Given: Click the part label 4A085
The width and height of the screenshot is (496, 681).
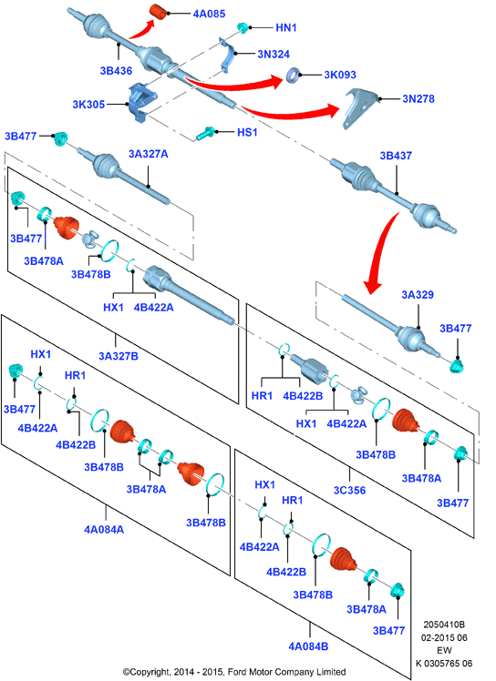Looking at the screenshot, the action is [x=210, y=14].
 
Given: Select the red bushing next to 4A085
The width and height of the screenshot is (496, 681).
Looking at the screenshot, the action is [x=160, y=12].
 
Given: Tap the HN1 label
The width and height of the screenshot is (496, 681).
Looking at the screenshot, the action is [x=286, y=28].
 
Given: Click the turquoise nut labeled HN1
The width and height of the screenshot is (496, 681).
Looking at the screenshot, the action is [x=243, y=27].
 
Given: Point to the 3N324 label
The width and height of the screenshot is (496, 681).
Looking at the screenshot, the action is [x=274, y=55].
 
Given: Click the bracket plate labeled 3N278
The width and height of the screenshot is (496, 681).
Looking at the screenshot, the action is [x=361, y=107].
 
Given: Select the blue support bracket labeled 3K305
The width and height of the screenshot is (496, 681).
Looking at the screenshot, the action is [x=141, y=103].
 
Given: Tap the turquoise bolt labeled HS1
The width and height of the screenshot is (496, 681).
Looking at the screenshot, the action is [x=205, y=133].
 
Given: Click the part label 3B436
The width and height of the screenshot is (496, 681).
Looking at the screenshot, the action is [x=116, y=71].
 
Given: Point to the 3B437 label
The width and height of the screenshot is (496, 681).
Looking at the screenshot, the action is [x=396, y=156].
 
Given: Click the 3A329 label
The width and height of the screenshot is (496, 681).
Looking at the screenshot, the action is [x=418, y=295].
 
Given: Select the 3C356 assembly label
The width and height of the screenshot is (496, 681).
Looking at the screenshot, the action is [x=349, y=491].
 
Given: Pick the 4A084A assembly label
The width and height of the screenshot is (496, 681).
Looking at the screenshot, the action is [x=104, y=530].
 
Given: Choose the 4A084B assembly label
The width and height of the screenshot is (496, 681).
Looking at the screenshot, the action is [x=308, y=646].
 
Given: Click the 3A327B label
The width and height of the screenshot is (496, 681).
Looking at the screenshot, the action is [x=119, y=356].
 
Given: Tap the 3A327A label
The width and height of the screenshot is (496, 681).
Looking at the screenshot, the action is [x=148, y=154].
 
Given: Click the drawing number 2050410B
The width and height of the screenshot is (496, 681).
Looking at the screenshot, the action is [x=444, y=625].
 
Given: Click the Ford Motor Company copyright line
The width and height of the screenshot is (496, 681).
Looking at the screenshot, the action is [x=234, y=672].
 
